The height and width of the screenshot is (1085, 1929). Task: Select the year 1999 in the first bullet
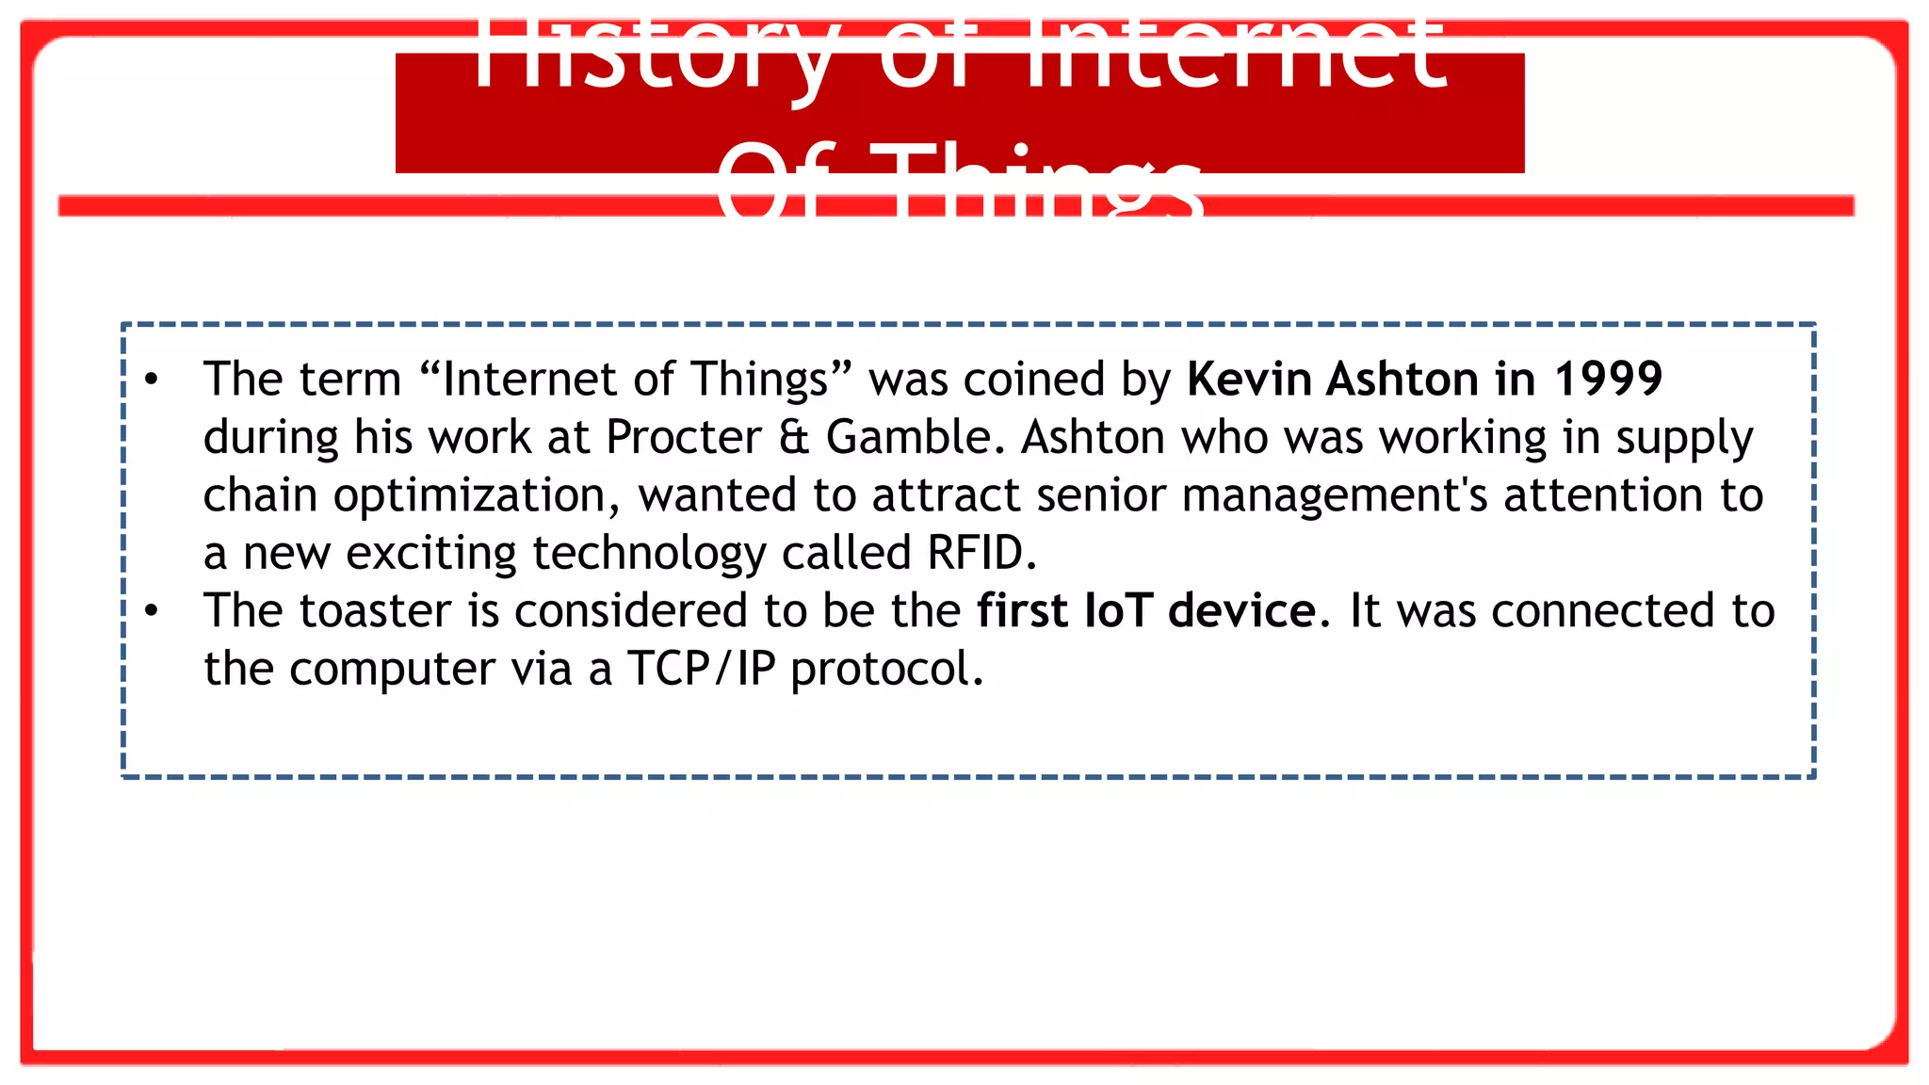(1609, 380)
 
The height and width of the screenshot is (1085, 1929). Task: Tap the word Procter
(684, 438)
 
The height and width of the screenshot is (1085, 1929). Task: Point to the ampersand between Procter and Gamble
(794, 438)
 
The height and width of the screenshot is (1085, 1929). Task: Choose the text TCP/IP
(701, 670)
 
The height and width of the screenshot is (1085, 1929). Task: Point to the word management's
(1335, 495)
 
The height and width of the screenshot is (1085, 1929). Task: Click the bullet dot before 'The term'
(152, 380)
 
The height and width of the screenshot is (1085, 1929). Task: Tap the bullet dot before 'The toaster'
(152, 611)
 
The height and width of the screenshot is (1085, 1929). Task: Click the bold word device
(1242, 611)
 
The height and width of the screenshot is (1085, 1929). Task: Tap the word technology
(649, 553)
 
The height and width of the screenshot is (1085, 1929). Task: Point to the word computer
(392, 670)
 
